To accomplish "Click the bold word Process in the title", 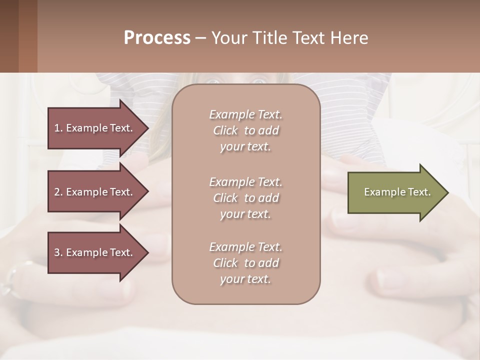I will coord(157,38).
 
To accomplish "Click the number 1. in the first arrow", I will coord(58,128).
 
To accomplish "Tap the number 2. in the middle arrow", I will coord(58,192).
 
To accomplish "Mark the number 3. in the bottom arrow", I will coord(58,252).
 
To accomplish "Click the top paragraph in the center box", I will coord(245,130).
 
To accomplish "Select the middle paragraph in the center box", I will coord(245,198).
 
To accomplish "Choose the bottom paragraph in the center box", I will coord(245,263).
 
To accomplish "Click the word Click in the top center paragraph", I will coord(225,130).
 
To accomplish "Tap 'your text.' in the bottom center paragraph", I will coord(245,279).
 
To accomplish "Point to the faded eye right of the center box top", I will coord(258,80).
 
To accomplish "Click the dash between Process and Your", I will coord(200,38).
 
